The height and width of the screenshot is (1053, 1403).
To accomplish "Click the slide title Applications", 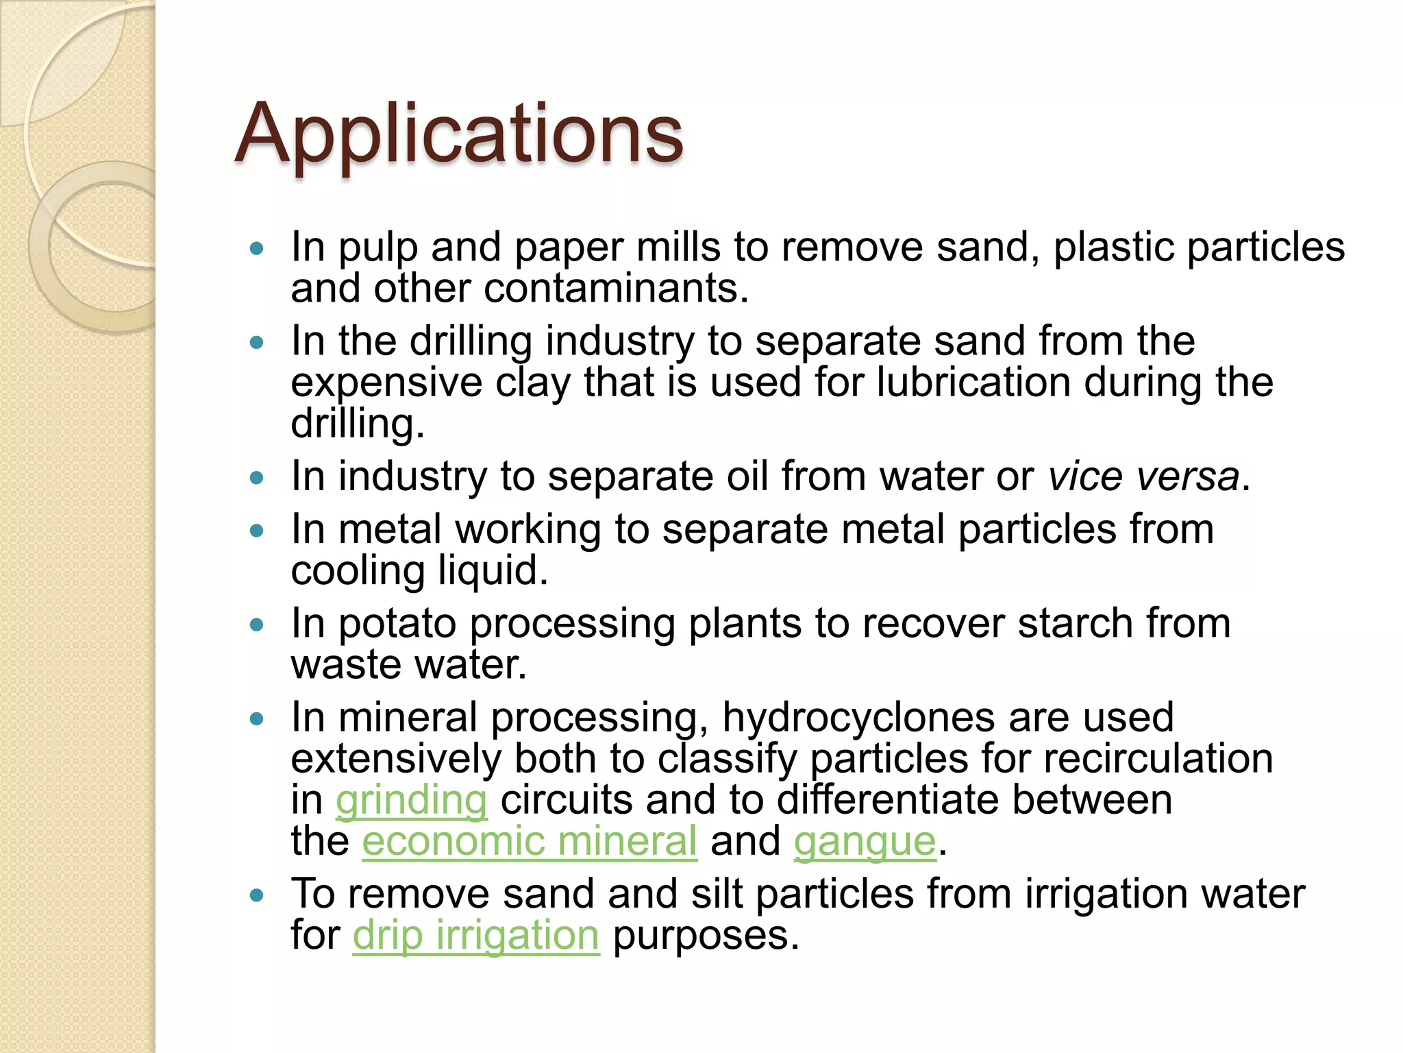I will (x=458, y=134).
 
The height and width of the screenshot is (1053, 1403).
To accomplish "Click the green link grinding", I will (x=411, y=800).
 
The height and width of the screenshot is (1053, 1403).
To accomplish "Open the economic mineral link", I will (x=529, y=841).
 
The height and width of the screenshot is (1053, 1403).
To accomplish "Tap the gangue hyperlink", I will (x=865, y=841).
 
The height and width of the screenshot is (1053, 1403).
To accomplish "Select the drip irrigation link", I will (x=475, y=935).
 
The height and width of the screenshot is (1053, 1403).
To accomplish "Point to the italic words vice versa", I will (x=1143, y=476).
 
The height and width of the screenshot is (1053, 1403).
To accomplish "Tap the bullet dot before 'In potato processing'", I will (x=257, y=625).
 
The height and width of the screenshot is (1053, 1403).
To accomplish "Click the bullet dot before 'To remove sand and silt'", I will (x=257, y=895).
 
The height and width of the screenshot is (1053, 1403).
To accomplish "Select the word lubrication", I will (x=973, y=382).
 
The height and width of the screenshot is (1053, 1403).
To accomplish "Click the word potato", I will (x=397, y=623).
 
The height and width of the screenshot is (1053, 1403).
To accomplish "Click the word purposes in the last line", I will (x=706, y=935).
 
